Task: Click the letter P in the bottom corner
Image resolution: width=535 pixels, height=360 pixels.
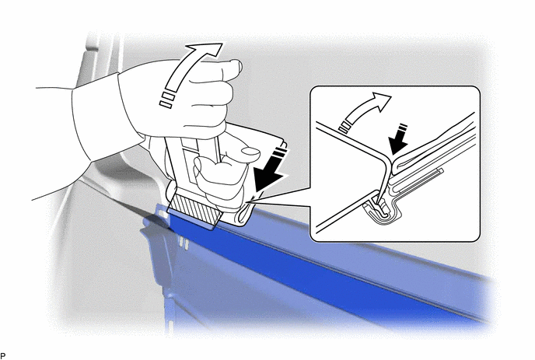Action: pyautogui.click(x=3, y=356)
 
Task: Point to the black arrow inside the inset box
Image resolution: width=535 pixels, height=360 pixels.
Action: pyautogui.click(x=400, y=141)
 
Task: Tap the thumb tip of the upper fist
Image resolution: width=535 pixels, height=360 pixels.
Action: pyautogui.click(x=236, y=65)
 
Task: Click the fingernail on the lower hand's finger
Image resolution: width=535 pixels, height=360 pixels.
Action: pyautogui.click(x=250, y=152)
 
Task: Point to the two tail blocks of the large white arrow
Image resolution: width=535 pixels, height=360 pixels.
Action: pyautogui.click(x=167, y=100)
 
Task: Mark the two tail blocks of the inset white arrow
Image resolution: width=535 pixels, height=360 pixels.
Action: pyautogui.click(x=344, y=126)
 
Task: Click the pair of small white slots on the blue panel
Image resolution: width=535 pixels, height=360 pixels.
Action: pyautogui.click(x=184, y=243)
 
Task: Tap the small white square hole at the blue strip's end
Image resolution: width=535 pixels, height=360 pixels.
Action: pyautogui.click(x=163, y=215)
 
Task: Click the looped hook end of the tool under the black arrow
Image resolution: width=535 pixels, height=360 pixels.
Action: pyautogui.click(x=243, y=215)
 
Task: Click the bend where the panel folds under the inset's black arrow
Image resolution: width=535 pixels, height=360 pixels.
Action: pyautogui.click(x=387, y=160)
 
